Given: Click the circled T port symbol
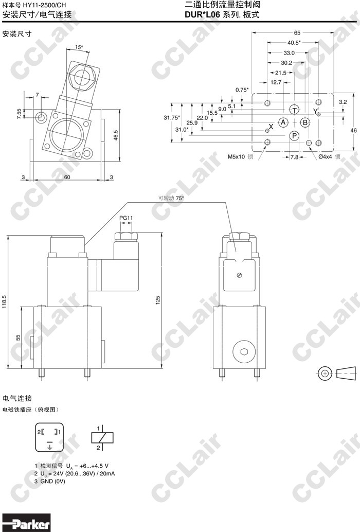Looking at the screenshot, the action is tap(295, 110).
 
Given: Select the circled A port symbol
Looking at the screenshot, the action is tap(283, 122).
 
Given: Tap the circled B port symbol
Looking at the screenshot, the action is tap(305, 122).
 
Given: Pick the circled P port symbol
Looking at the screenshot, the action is tap(295, 136).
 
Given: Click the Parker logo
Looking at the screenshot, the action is tap(26, 523).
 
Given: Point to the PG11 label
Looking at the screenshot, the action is tap(126, 218).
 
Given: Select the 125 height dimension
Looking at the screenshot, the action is tap(157, 300).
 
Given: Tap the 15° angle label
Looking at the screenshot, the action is tap(79, 47).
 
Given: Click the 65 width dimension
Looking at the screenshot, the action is tap(297, 33).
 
